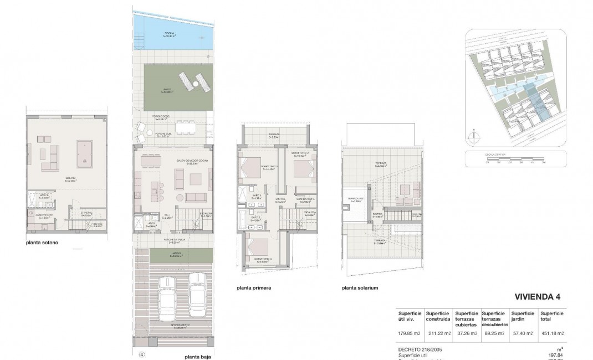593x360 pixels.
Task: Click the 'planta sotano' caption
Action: (43, 243)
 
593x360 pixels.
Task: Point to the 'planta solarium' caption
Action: (360, 288)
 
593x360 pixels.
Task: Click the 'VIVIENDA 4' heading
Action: (537, 297)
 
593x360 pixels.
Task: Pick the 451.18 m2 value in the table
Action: (551, 333)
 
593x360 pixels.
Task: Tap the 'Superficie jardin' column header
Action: (523, 317)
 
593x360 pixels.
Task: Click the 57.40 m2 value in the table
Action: (522, 333)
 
